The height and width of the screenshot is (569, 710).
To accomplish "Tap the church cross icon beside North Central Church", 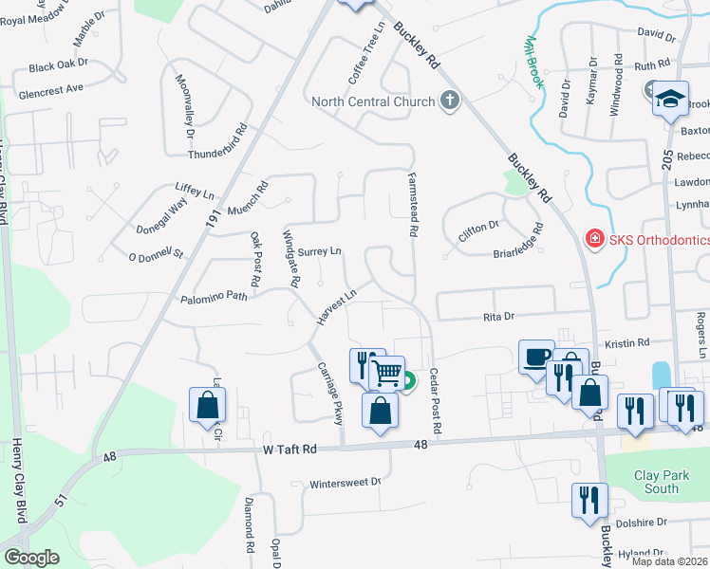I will pos(450,101).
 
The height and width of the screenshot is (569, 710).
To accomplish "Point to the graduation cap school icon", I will pos(670,99).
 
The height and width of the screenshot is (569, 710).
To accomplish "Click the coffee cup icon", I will pos(536,357).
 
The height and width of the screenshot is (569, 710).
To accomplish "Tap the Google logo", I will pos(31,558).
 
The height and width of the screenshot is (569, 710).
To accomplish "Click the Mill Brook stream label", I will pos(533,63).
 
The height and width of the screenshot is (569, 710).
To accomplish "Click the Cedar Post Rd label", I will pos(435,401).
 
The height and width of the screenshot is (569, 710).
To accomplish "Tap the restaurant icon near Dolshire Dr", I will pos(589,499).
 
